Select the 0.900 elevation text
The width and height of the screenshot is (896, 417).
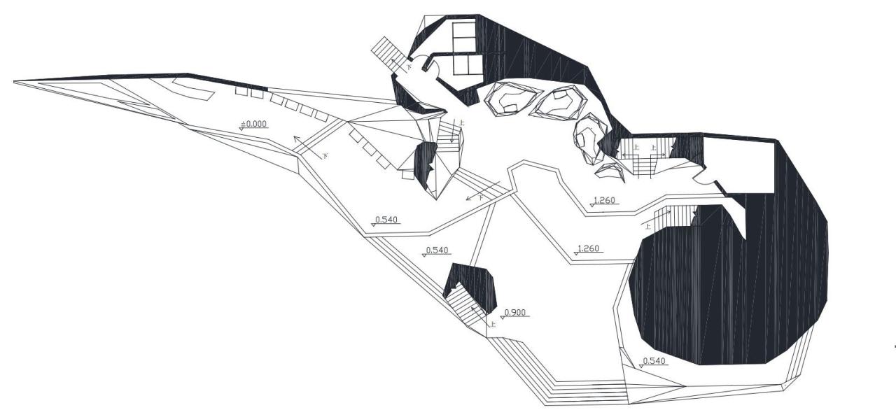[515, 311]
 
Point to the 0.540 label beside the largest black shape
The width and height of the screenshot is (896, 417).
[654, 361]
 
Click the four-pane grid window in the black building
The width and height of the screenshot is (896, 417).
[465, 48]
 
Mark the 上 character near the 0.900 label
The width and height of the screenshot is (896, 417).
[493, 324]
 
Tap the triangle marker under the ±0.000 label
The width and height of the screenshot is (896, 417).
[242, 129]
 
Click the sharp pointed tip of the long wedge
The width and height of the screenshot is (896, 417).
[15, 82]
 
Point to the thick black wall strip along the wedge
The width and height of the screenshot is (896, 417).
[140, 76]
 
